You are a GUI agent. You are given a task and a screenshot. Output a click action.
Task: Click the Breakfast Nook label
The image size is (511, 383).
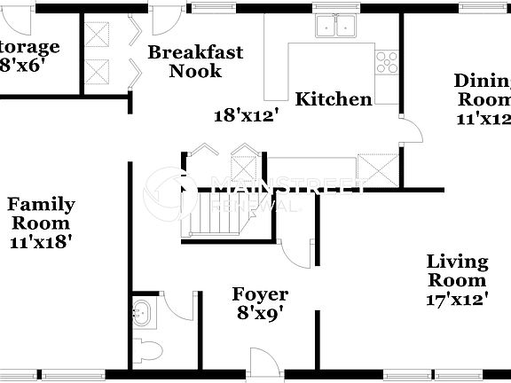[195, 61]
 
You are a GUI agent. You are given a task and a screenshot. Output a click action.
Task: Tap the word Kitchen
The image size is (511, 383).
[334, 99]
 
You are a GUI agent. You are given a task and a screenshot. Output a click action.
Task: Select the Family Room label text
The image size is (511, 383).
[42, 214]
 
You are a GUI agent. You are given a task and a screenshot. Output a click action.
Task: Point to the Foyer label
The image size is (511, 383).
[260, 294]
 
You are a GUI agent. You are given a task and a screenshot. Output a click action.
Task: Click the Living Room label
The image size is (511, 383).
[458, 270]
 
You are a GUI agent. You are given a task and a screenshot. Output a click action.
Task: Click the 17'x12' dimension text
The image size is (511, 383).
[458, 300]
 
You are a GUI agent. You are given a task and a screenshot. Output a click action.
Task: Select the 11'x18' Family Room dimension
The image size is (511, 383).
[42, 240]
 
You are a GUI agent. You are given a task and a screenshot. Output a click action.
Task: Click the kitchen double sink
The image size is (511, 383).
[338, 27]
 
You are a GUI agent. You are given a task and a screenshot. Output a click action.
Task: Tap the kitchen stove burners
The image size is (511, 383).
[387, 60]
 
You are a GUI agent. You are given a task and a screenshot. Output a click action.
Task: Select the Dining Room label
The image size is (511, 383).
[483, 98]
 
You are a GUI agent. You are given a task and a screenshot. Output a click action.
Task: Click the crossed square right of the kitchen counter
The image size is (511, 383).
[375, 166]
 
